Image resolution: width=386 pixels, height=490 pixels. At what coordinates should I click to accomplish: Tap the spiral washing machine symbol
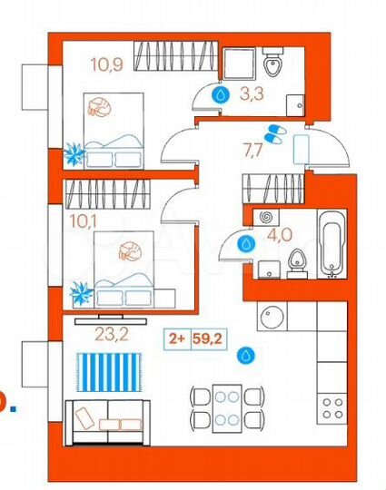tap(267, 218)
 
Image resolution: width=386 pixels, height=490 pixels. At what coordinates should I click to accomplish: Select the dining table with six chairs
tap(227, 406)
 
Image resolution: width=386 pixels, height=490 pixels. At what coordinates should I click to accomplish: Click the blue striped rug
tap(109, 372)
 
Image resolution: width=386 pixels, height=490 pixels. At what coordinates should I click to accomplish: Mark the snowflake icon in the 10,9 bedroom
tap(74, 153)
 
